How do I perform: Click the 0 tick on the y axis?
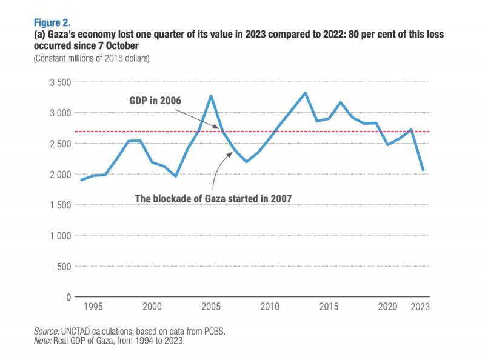(69, 297)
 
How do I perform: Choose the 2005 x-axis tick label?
(210, 307)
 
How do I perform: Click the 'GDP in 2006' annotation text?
(155, 100)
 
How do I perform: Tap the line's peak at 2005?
(210, 96)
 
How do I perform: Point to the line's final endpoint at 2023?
(423, 170)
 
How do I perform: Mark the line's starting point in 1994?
(81, 180)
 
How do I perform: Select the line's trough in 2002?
(176, 176)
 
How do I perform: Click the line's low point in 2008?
(247, 162)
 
